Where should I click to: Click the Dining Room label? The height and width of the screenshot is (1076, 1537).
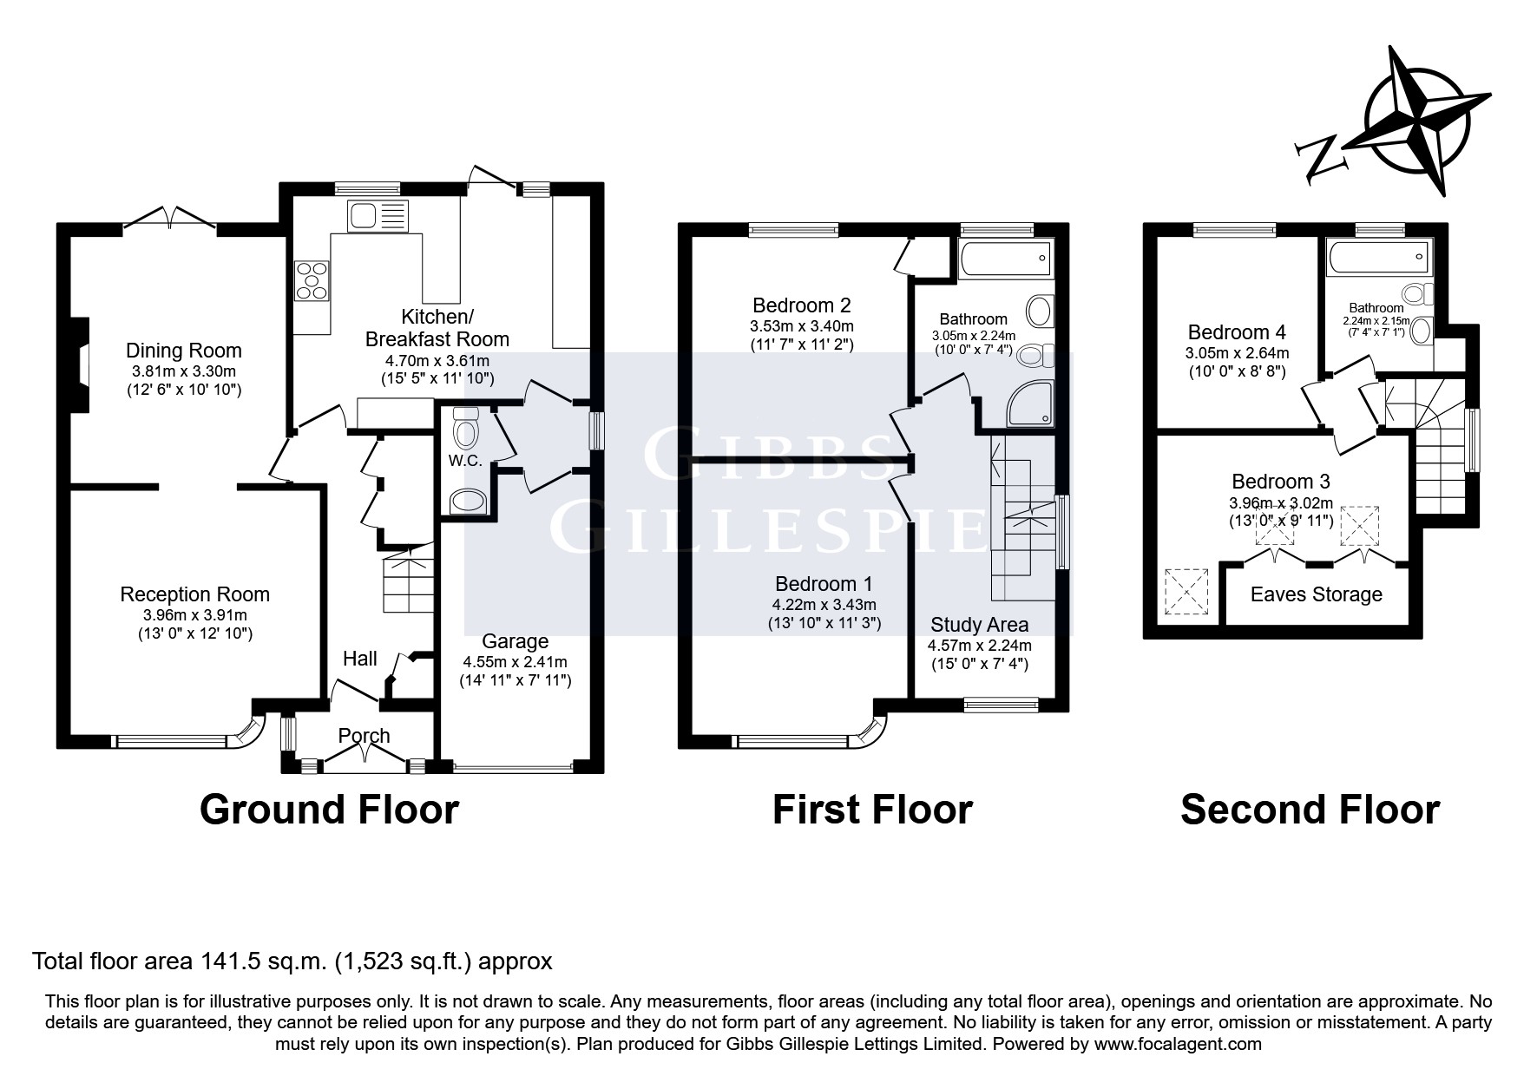point(184,351)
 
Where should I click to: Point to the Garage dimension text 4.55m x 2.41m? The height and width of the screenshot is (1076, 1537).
point(516,661)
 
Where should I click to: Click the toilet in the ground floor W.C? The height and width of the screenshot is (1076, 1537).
point(466,427)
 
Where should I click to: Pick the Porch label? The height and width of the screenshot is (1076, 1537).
point(364,736)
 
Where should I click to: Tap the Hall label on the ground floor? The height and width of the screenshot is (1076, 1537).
point(360,659)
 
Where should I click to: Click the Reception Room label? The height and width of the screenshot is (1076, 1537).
point(195,594)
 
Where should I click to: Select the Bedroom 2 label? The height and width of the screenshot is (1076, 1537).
point(802,305)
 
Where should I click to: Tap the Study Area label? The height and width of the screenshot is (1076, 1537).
point(980,625)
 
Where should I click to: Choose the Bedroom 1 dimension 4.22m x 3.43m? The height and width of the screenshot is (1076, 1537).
point(824,605)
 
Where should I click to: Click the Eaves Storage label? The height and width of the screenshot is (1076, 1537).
point(1317,594)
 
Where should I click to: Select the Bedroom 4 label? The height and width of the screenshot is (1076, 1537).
point(1238,332)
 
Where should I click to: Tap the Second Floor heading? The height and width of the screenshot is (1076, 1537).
point(1310,810)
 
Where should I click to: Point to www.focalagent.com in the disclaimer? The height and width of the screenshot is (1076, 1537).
point(1178,1044)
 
